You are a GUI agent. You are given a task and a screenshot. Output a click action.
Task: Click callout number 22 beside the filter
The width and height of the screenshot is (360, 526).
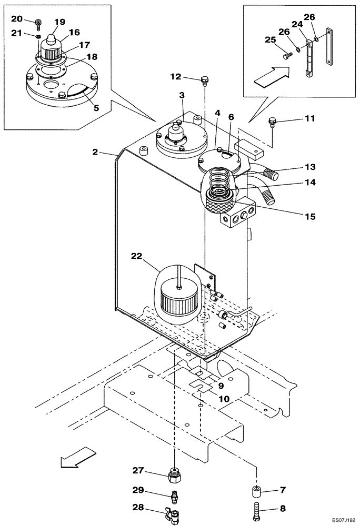point(137,256)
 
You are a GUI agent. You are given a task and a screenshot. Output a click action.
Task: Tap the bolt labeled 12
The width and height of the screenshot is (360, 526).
point(205,80)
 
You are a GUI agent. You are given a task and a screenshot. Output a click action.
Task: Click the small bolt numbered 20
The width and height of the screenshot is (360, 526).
point(38,22)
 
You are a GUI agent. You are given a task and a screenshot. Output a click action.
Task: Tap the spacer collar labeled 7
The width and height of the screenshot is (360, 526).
point(256,494)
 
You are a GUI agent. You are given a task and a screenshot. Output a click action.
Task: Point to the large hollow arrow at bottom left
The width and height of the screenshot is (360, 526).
point(77,457)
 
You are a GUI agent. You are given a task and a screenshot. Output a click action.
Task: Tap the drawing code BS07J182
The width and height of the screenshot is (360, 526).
point(339,519)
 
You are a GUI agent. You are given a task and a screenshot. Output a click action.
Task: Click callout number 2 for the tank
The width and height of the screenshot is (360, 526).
point(95,152)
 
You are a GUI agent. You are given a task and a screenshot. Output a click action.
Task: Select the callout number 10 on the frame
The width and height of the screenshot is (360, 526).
point(224,399)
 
